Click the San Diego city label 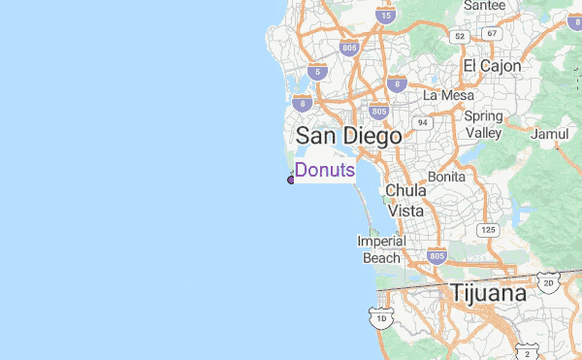click(x=348, y=136)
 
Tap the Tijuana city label click(x=488, y=293)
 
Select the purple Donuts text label click(x=325, y=171)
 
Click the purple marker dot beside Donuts click(x=290, y=180)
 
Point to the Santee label click(x=484, y=6)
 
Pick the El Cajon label click(x=492, y=66)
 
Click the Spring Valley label click(x=483, y=124)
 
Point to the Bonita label click(x=446, y=178)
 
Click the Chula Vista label click(x=405, y=200)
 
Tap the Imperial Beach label click(x=381, y=249)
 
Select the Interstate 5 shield click(x=316, y=72)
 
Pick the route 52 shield click(x=460, y=36)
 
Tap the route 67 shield click(x=492, y=34)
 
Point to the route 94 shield click(x=422, y=123)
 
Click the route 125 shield click(x=487, y=230)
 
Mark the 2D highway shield click(x=548, y=282)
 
